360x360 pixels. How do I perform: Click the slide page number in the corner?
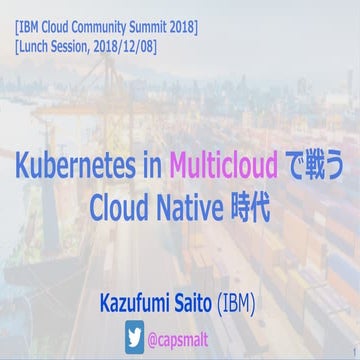[x=354, y=351]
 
